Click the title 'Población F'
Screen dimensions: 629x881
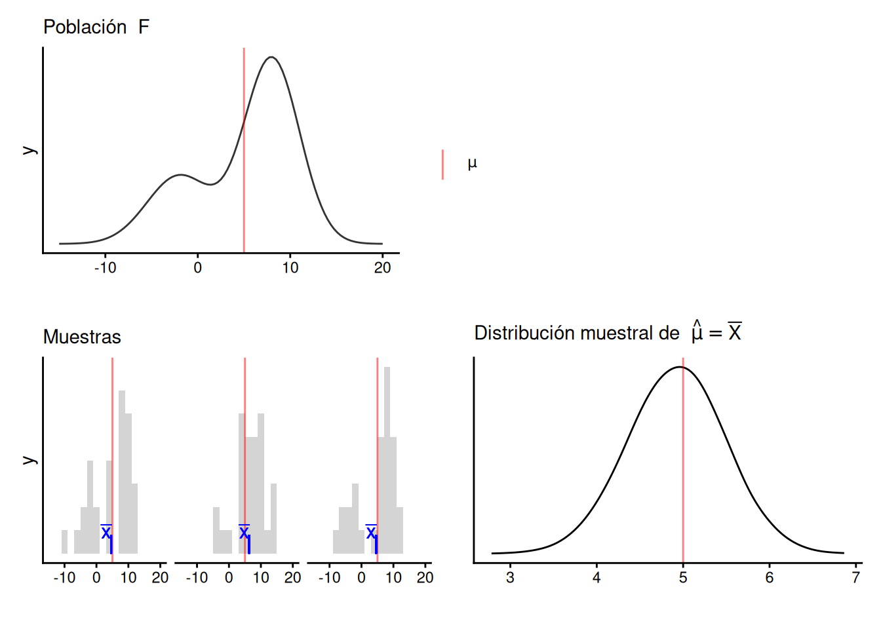click(x=96, y=27)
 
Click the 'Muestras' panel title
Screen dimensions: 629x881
click(x=82, y=337)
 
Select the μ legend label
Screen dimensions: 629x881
click(x=472, y=164)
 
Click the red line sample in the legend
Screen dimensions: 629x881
click(x=443, y=164)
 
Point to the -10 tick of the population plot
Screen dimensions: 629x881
click(x=105, y=267)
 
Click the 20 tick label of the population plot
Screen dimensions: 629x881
click(x=382, y=267)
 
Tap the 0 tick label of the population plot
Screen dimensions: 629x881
click(x=197, y=267)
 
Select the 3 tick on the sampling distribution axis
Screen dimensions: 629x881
click(x=510, y=577)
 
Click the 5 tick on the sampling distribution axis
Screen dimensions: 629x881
click(x=683, y=577)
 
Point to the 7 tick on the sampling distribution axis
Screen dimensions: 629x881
click(x=855, y=577)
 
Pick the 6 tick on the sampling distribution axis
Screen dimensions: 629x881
click(x=769, y=577)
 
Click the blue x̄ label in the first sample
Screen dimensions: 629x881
click(x=106, y=532)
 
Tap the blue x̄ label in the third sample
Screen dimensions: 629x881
click(x=371, y=532)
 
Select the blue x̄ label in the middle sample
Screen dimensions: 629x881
click(x=244, y=532)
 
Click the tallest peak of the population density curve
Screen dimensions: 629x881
click(x=271, y=58)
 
